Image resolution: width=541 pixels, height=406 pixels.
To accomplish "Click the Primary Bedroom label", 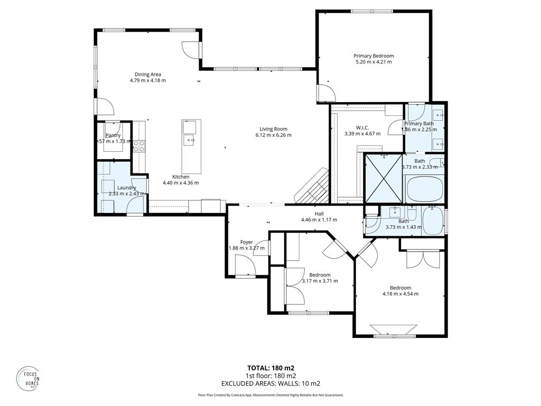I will pyautogui.click(x=374, y=56).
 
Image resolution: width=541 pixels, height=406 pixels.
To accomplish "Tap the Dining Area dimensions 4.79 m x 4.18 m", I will pyautogui.click(x=148, y=80).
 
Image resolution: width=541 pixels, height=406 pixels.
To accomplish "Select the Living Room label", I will pyautogui.click(x=273, y=128).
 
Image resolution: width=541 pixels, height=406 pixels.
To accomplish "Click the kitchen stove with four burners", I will pyautogui.click(x=138, y=146).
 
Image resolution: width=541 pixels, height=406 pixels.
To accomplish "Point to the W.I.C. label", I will pyautogui.click(x=362, y=127).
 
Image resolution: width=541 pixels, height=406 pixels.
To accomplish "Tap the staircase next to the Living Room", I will pyautogui.click(x=313, y=188).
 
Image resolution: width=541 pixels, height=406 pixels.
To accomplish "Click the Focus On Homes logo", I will pyautogui.click(x=27, y=377).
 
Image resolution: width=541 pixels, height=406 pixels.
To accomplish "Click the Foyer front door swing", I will pyautogui.click(x=244, y=264).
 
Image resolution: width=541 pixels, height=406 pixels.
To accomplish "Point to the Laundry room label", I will pyautogui.click(x=126, y=188).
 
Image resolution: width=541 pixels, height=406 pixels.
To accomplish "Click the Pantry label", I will pyautogui.click(x=113, y=135).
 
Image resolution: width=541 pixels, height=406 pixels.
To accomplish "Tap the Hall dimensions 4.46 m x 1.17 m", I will pyautogui.click(x=319, y=220).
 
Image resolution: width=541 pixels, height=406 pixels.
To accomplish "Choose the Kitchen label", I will pyautogui.click(x=181, y=177).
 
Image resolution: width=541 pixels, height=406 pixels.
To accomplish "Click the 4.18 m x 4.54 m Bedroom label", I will pyautogui.click(x=400, y=288).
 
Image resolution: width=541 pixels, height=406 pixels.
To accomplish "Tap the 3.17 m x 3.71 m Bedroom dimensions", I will pyautogui.click(x=320, y=281).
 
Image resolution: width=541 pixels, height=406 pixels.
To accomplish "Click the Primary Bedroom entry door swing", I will pyautogui.click(x=325, y=93).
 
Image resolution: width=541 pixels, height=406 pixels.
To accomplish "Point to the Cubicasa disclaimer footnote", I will pyautogui.click(x=270, y=395).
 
